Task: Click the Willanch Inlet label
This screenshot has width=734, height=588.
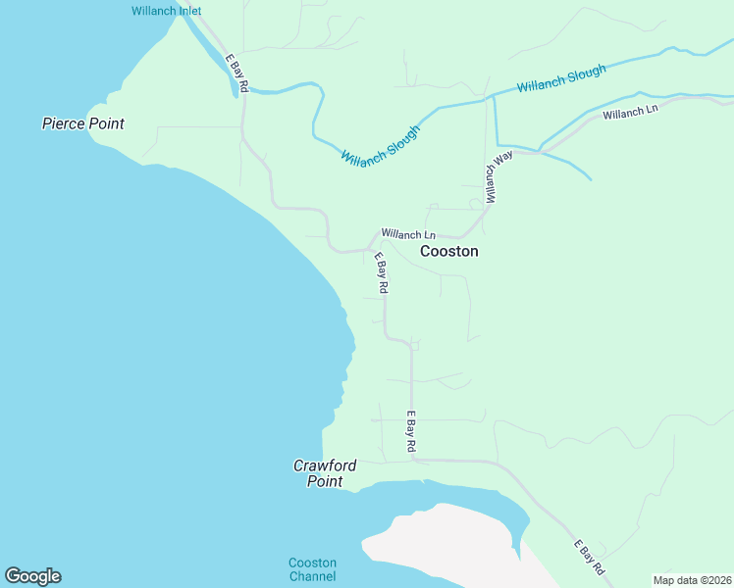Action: coord(166,12)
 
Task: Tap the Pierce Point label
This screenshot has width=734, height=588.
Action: coord(83,123)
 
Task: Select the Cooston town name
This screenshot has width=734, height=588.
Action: coord(449,251)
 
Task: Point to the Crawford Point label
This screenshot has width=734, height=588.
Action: coord(325,473)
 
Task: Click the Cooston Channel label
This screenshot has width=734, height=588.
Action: coord(312,569)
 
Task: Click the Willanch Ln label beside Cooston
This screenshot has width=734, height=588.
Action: coord(408,234)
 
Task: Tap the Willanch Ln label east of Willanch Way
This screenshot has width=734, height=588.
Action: coord(630,114)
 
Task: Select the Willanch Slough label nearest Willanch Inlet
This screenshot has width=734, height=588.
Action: coord(380,145)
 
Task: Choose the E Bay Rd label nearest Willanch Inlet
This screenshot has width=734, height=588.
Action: coord(236,73)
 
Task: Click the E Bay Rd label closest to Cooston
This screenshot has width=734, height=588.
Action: coord(381,273)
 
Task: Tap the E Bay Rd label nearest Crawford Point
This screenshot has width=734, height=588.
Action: coord(411,431)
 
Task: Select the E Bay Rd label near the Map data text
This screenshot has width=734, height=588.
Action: coord(590,557)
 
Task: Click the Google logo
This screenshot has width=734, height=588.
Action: coord(32,576)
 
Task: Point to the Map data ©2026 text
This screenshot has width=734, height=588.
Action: coord(692,580)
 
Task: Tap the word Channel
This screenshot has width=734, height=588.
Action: coord(312,576)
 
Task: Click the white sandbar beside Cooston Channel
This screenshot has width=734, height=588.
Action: coord(442,549)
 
